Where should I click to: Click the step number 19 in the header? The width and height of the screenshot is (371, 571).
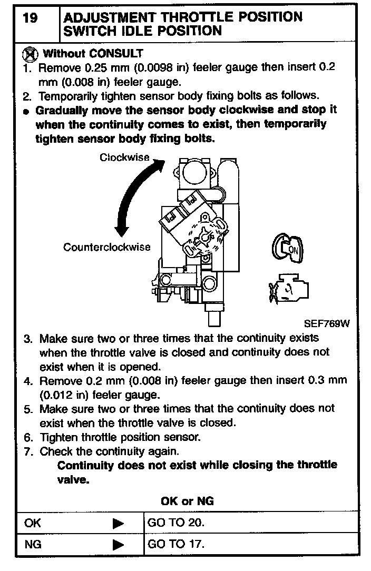[x=31, y=18]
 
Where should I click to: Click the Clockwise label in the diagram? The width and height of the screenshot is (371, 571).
[x=124, y=157]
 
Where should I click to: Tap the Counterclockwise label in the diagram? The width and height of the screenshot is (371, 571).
[x=107, y=247]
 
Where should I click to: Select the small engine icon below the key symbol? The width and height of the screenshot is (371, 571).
[x=288, y=288]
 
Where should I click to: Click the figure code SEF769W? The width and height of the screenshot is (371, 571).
[x=326, y=324]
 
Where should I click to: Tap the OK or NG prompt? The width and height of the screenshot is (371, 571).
[x=187, y=501]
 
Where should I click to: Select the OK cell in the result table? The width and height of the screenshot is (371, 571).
[x=33, y=524]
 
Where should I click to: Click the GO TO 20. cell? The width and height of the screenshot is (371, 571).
[x=176, y=524]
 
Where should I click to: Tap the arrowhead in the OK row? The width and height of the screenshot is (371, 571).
[x=119, y=524]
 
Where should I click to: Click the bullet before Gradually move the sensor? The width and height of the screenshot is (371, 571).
[x=27, y=111]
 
